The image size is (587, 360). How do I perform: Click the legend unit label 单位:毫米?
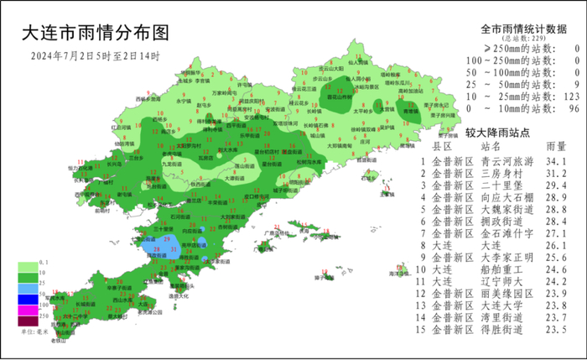pyautogui.click(x=33, y=333)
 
